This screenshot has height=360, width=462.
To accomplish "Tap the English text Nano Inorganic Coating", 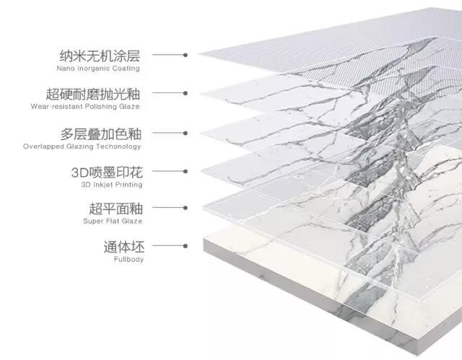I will tap(98, 69).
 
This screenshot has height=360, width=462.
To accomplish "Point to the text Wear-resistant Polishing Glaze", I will tap(85, 107).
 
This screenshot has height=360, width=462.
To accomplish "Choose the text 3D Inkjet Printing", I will tap(113, 185).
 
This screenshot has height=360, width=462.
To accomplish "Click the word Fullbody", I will tap(128, 258).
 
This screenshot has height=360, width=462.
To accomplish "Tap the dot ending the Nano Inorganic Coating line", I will tap(186, 55).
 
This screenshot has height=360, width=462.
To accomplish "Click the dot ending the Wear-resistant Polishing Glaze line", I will tap(186, 94).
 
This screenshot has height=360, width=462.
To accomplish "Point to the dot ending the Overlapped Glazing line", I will tap(186, 133).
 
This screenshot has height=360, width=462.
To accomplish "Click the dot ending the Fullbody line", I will tap(186, 246).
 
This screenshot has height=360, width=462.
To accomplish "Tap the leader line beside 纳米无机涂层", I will tap(168, 55).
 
